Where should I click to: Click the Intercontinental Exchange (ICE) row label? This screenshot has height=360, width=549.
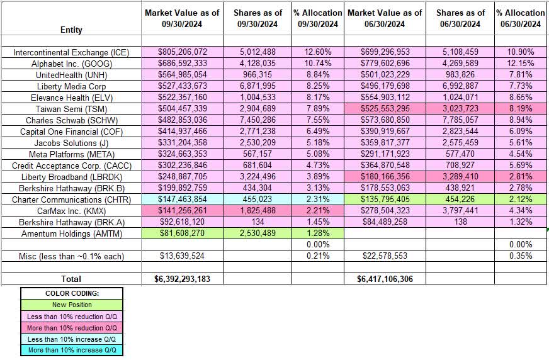pyautogui.click(x=71, y=53)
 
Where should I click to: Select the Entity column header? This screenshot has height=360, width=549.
pyautogui.click(x=71, y=30)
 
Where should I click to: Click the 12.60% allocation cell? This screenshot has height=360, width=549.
pyautogui.click(x=318, y=53)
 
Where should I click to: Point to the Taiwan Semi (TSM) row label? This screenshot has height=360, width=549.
pyautogui.click(x=71, y=109)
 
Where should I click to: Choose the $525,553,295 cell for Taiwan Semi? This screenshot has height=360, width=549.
pyautogui.click(x=384, y=109)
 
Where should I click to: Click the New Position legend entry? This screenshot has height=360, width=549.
pyautogui.click(x=71, y=305)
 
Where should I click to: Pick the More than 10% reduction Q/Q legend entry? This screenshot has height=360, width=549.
pyautogui.click(x=71, y=327)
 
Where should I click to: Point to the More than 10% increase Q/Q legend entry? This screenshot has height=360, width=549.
pyautogui.click(x=71, y=350)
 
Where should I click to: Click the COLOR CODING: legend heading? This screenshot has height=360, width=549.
pyautogui.click(x=71, y=293)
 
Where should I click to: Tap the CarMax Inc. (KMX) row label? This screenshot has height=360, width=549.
pyautogui.click(x=71, y=210)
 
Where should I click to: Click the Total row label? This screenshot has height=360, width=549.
pyautogui.click(x=71, y=278)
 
